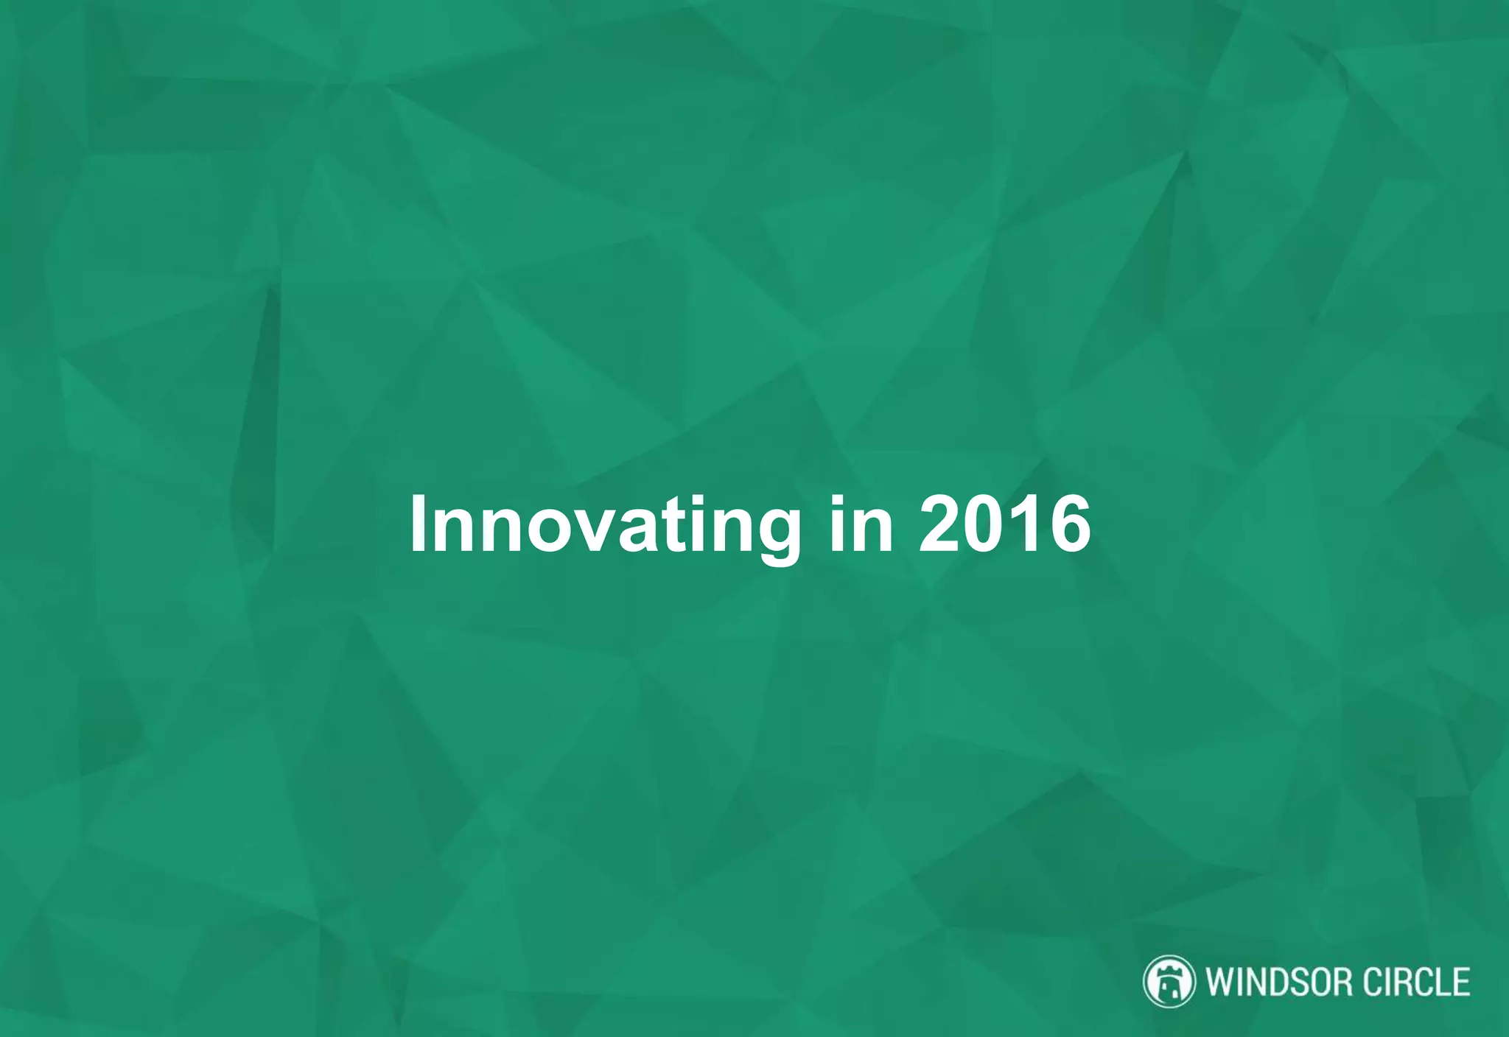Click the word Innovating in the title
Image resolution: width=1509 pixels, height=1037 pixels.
(604, 524)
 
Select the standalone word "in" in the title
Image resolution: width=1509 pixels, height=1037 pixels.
(861, 524)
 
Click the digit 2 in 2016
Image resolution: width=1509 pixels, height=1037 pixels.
(939, 524)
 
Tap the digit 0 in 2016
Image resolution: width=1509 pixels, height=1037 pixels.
(984, 524)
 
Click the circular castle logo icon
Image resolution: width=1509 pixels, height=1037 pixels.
(1169, 981)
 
